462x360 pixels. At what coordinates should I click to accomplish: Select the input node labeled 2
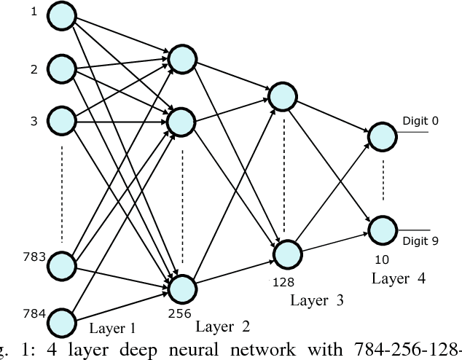[63, 69]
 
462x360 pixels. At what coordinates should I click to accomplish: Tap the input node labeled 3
[63, 120]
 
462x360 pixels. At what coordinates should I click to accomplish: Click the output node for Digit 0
[382, 135]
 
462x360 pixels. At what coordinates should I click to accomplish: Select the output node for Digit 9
[382, 230]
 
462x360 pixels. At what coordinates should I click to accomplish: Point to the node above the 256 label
[182, 288]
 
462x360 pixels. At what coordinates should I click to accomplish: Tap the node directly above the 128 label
[286, 253]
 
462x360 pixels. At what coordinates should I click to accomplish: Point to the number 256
[179, 314]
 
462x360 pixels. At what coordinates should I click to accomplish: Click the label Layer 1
[114, 328]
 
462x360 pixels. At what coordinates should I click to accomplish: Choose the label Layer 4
[398, 278]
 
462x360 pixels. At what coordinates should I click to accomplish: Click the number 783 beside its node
[34, 256]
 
